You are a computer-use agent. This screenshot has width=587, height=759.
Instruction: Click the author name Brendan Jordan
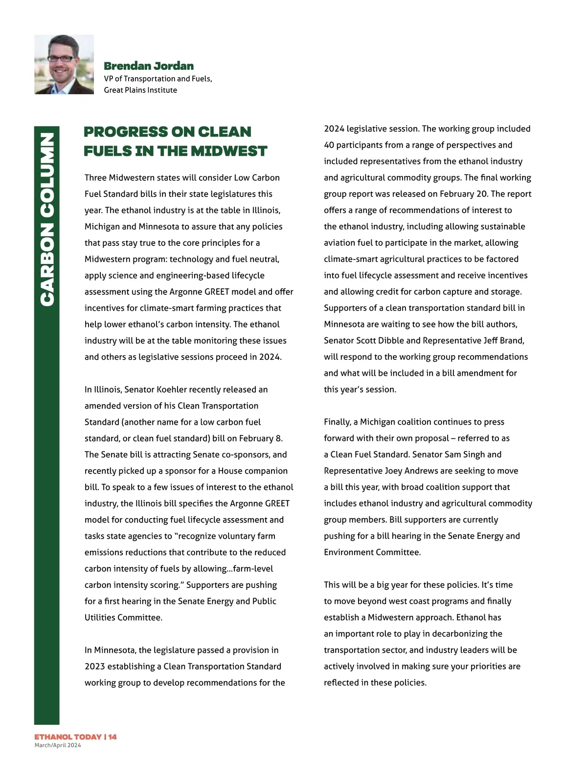point(149,66)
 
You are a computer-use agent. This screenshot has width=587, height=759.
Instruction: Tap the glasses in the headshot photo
point(62,59)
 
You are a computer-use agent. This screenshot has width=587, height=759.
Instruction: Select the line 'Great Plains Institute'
point(140,90)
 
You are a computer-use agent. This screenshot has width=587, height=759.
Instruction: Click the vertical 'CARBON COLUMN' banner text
point(47,220)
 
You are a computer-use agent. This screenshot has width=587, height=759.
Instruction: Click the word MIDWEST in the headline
point(229,151)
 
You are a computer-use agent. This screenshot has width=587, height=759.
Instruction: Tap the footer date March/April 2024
point(58,745)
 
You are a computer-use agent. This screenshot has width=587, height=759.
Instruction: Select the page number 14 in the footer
point(113,737)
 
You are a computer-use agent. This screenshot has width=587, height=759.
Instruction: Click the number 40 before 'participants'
point(329,145)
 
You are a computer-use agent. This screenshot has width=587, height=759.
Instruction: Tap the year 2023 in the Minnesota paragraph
point(94,667)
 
